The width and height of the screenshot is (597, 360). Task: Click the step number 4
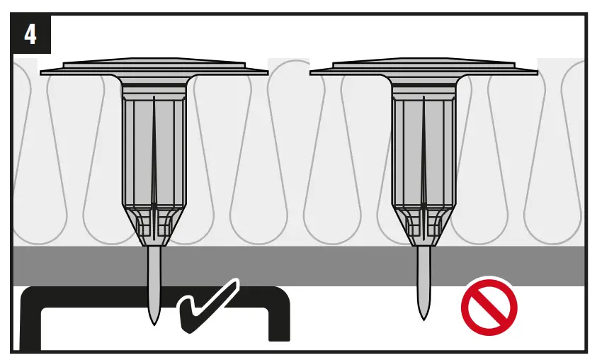click(30, 34)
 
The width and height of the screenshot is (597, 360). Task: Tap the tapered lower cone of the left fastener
click(154, 223)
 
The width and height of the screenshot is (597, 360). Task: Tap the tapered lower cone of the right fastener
click(423, 223)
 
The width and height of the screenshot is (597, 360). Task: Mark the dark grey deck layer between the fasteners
click(290, 266)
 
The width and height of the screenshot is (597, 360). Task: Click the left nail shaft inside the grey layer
click(154, 266)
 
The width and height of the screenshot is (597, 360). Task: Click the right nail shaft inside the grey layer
click(423, 266)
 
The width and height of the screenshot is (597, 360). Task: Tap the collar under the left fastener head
click(154, 91)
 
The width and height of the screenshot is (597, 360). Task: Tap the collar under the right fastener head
click(423, 91)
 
